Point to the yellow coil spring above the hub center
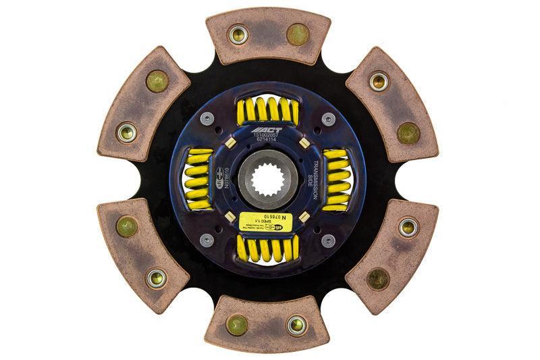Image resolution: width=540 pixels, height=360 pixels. coord(269,109)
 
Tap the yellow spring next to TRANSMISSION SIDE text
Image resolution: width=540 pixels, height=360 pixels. coord(335,179)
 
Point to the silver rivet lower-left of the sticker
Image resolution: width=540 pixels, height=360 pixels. coord(208,240)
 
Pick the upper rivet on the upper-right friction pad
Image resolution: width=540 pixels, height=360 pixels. coord(379,82)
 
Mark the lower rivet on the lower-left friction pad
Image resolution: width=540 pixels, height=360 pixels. coord(157,277)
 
